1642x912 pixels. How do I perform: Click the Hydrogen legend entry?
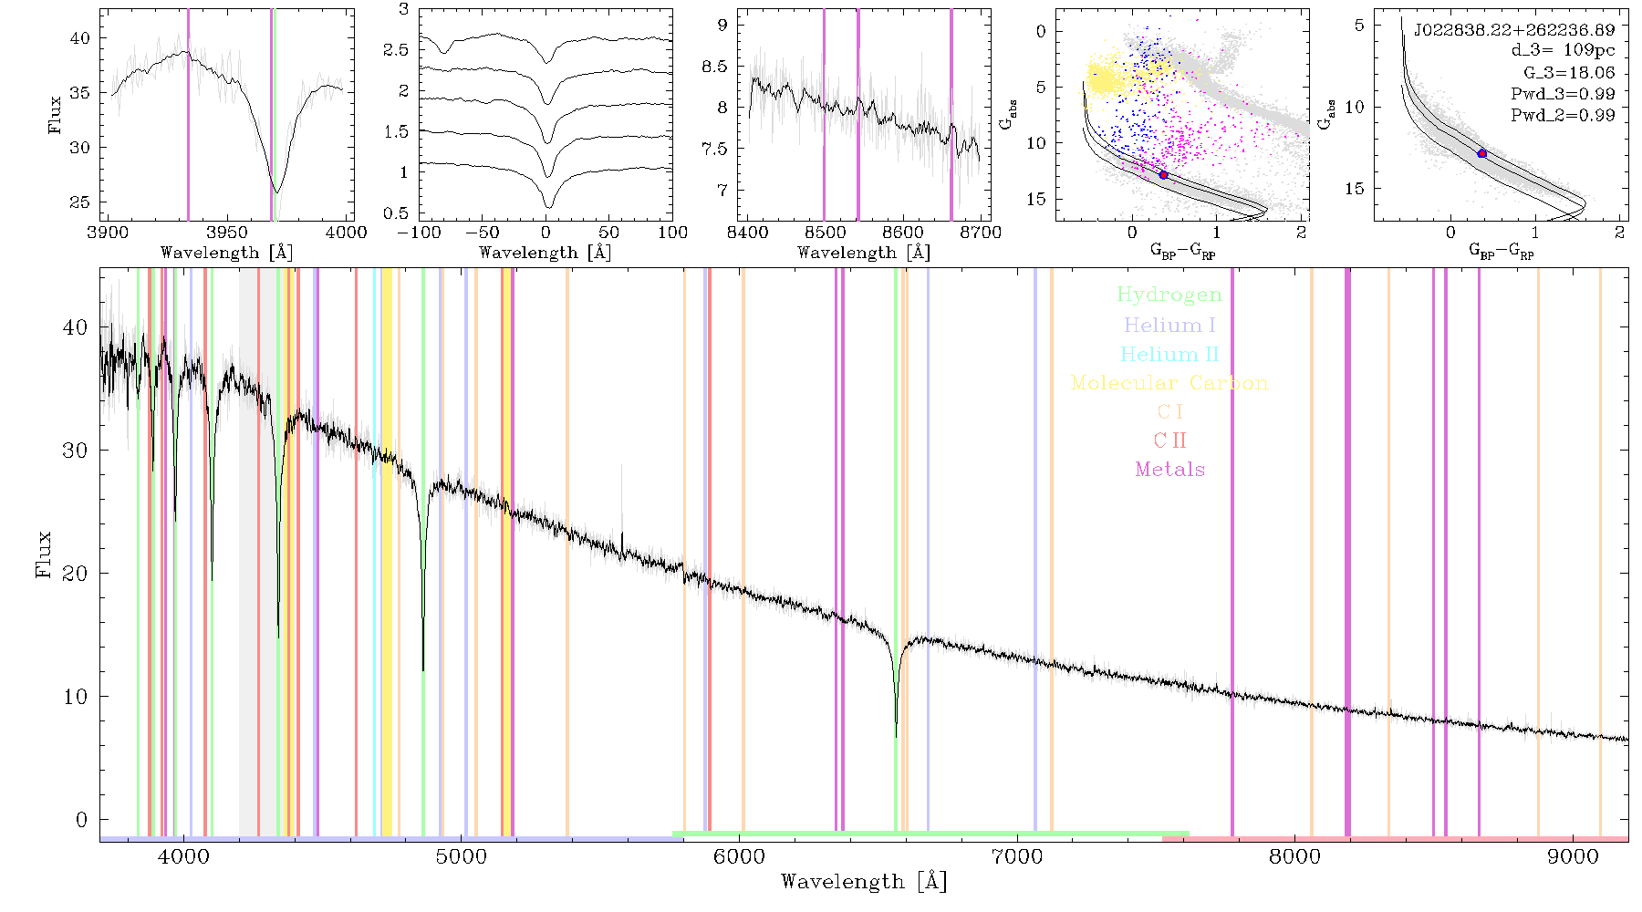tap(1169, 295)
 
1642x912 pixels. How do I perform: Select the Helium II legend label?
tap(1169, 354)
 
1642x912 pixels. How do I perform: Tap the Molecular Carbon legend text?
tap(1169, 383)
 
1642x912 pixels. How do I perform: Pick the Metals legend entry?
tap(1170, 470)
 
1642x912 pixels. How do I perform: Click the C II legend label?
tap(1170, 440)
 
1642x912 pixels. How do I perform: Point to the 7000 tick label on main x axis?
tap(1016, 856)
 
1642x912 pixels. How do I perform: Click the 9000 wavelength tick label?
tap(1573, 856)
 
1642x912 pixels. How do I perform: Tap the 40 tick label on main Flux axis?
tap(76, 327)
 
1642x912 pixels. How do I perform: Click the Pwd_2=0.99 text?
tap(1563, 116)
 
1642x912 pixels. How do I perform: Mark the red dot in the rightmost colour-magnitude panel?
tap(1481, 153)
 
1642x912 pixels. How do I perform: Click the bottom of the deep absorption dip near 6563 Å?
tap(896, 735)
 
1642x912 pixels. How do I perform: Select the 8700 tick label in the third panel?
tap(982, 233)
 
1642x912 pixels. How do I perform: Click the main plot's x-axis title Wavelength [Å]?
tap(863, 882)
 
